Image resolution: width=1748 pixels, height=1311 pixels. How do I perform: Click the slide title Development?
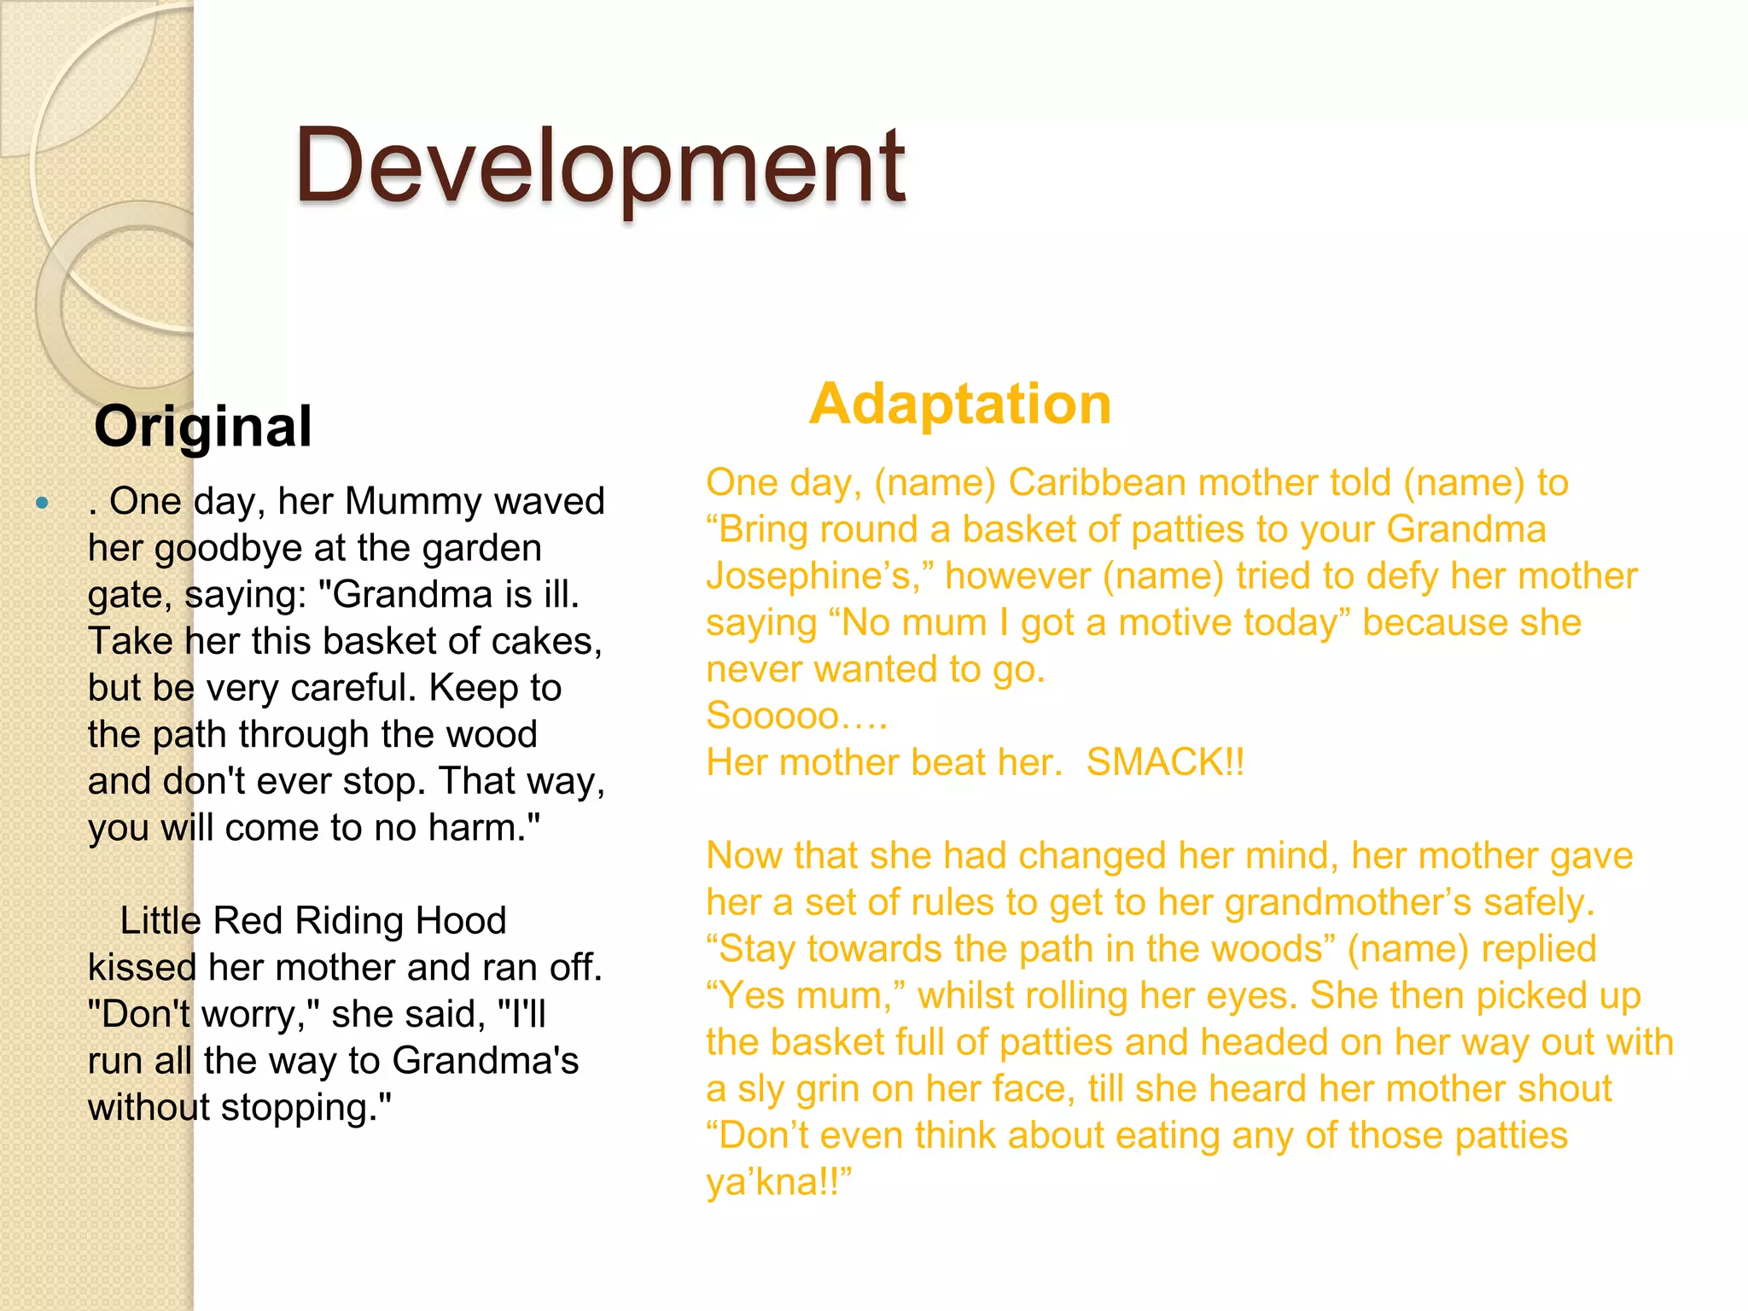599,166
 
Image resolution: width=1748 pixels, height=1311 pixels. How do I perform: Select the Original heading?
203,426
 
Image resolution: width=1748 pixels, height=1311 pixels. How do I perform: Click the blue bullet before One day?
42,503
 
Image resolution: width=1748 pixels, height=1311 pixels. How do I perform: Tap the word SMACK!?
1165,762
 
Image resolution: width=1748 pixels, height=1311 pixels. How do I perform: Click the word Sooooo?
772,715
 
